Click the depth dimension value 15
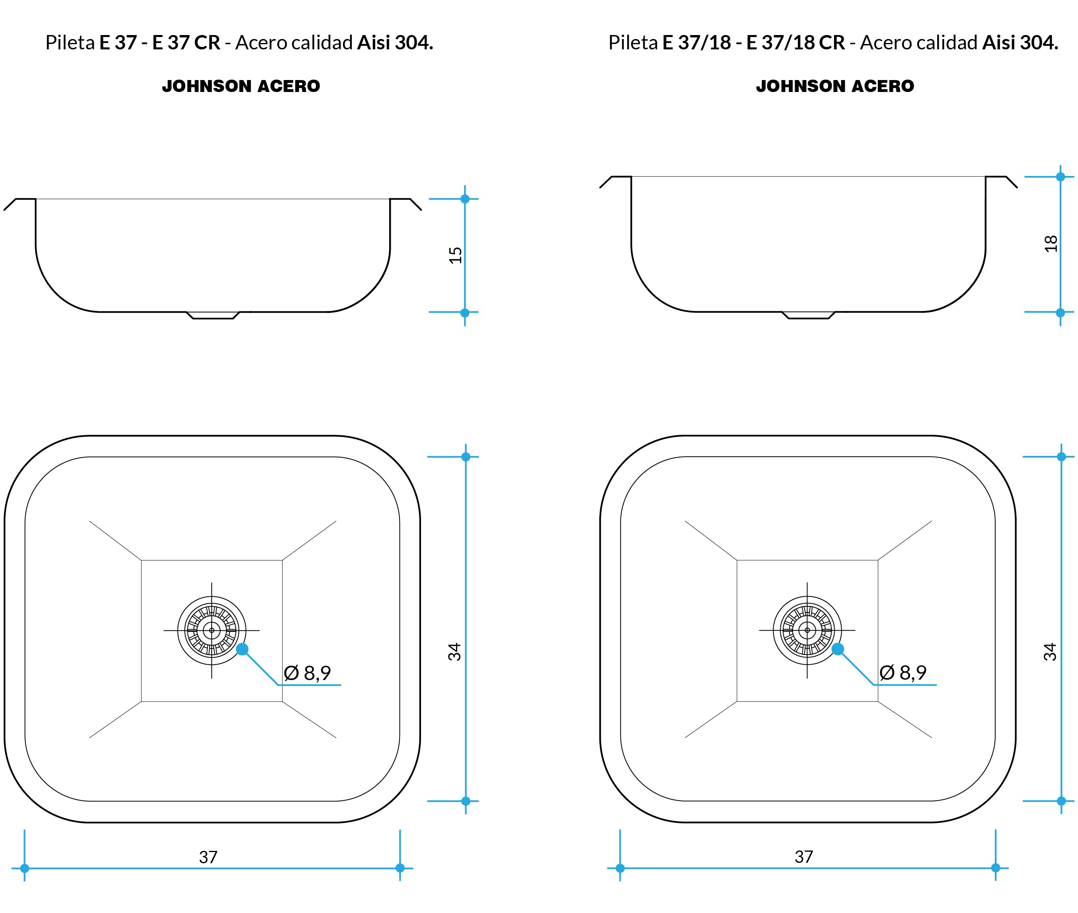pyautogui.click(x=455, y=255)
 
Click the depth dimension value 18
pyautogui.click(x=1051, y=243)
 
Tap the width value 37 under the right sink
pyautogui.click(x=804, y=856)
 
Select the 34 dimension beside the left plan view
pyautogui.click(x=454, y=652)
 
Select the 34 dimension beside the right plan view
pyautogui.click(x=1050, y=652)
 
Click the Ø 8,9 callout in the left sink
pyautogui.click(x=307, y=673)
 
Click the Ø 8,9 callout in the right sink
pyautogui.click(x=903, y=673)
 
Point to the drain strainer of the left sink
pyautogui.click(x=212, y=630)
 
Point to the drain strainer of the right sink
pyautogui.click(x=807, y=630)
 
